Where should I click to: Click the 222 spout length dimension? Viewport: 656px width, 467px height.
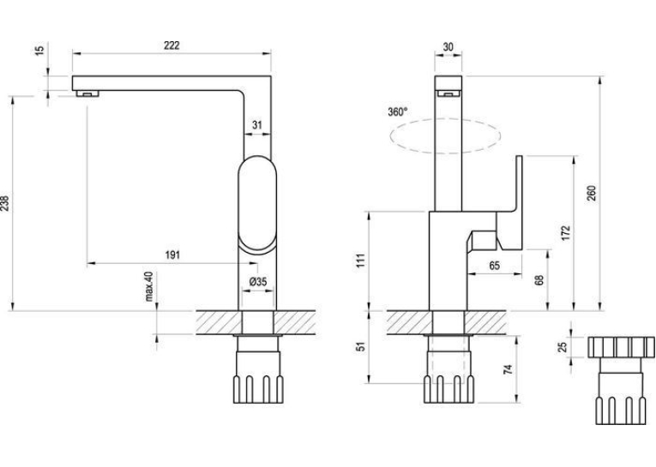172,45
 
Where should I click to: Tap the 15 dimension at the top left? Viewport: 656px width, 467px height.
39,51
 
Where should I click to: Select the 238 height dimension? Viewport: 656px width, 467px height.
5,203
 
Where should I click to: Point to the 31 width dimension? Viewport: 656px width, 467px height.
257,124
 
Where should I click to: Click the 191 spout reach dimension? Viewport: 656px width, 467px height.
172,254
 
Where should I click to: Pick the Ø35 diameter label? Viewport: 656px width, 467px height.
258,282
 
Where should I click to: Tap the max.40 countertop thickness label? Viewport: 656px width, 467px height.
149,286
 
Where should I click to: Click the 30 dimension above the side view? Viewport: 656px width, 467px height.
448,47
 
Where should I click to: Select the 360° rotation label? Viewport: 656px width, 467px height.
397,112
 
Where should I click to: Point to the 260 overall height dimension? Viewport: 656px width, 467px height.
591,193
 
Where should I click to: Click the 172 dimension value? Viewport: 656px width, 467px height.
566,233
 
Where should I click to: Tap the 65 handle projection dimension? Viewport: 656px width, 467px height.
495,266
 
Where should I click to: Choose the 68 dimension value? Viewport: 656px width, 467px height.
539,280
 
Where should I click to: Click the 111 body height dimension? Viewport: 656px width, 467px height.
362,260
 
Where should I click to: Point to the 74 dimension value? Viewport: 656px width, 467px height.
508,369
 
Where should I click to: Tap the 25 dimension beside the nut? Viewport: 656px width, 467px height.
563,347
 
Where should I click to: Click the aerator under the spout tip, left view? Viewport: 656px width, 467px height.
87,93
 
